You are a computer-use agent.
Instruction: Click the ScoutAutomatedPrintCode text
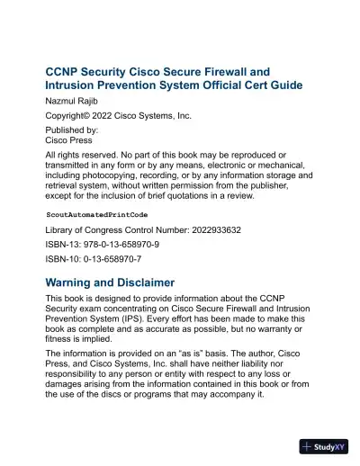coord(97,217)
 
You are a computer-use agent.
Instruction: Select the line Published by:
coord(72,130)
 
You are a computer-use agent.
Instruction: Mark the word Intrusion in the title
coord(75,85)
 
